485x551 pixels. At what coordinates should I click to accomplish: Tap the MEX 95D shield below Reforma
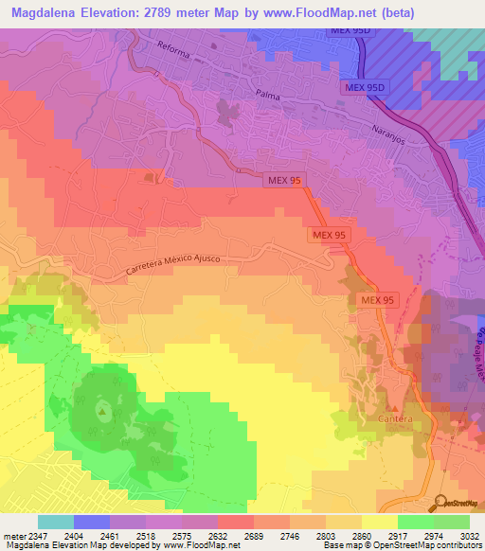pyautogui.click(x=364, y=87)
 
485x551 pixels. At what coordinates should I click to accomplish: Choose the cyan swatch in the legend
pyautogui.click(x=56, y=522)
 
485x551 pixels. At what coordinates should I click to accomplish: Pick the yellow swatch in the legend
pyautogui.click(x=380, y=522)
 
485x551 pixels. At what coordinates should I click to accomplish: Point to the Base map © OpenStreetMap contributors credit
pyautogui.click(x=403, y=546)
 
